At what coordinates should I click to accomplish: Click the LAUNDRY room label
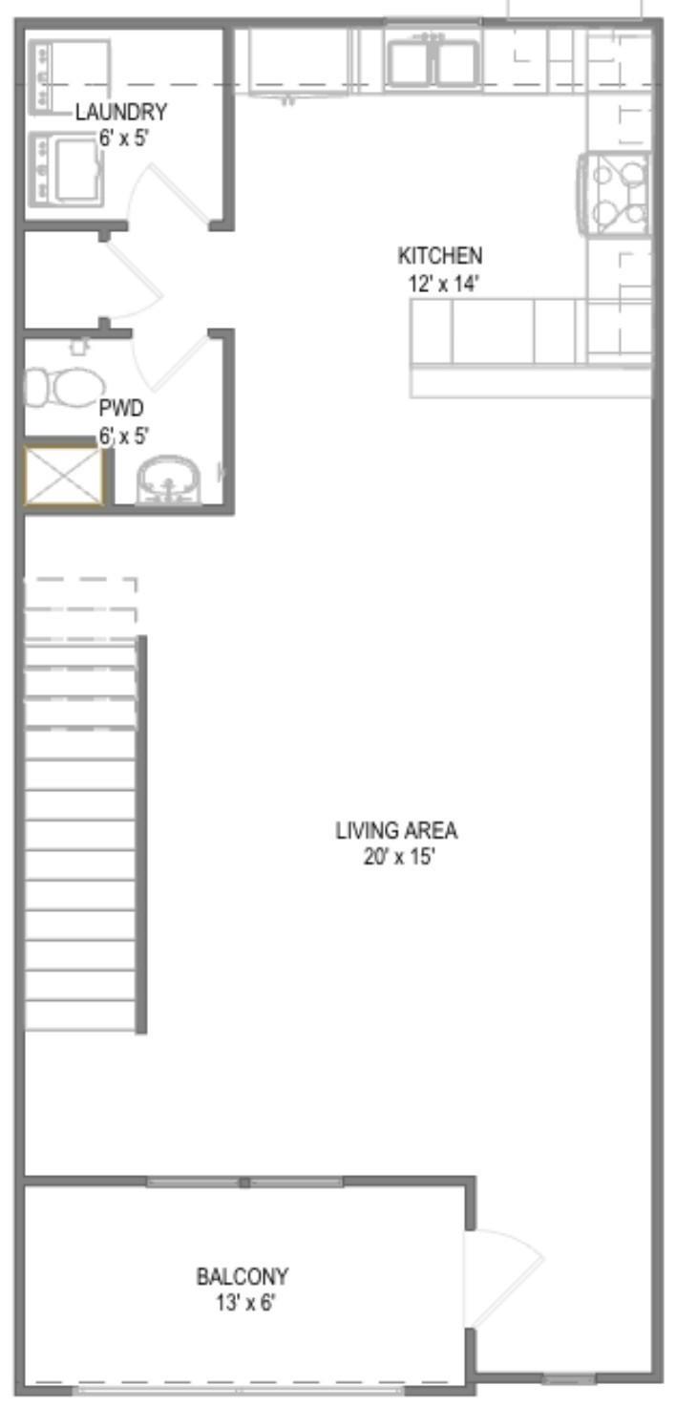point(121,113)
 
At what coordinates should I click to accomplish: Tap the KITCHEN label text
point(440,256)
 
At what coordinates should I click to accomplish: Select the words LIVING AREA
point(396,830)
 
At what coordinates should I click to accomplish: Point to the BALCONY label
point(243,1276)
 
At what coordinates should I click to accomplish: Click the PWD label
point(121,408)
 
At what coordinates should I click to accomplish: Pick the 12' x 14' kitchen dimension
point(444,284)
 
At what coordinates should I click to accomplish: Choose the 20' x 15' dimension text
point(399,857)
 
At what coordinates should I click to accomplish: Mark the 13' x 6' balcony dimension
point(245,1303)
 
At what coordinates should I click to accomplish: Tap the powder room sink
point(168,480)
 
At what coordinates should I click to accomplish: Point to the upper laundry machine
point(69,76)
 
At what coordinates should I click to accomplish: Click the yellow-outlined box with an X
point(63,476)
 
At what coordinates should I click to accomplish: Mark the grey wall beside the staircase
point(142,834)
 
